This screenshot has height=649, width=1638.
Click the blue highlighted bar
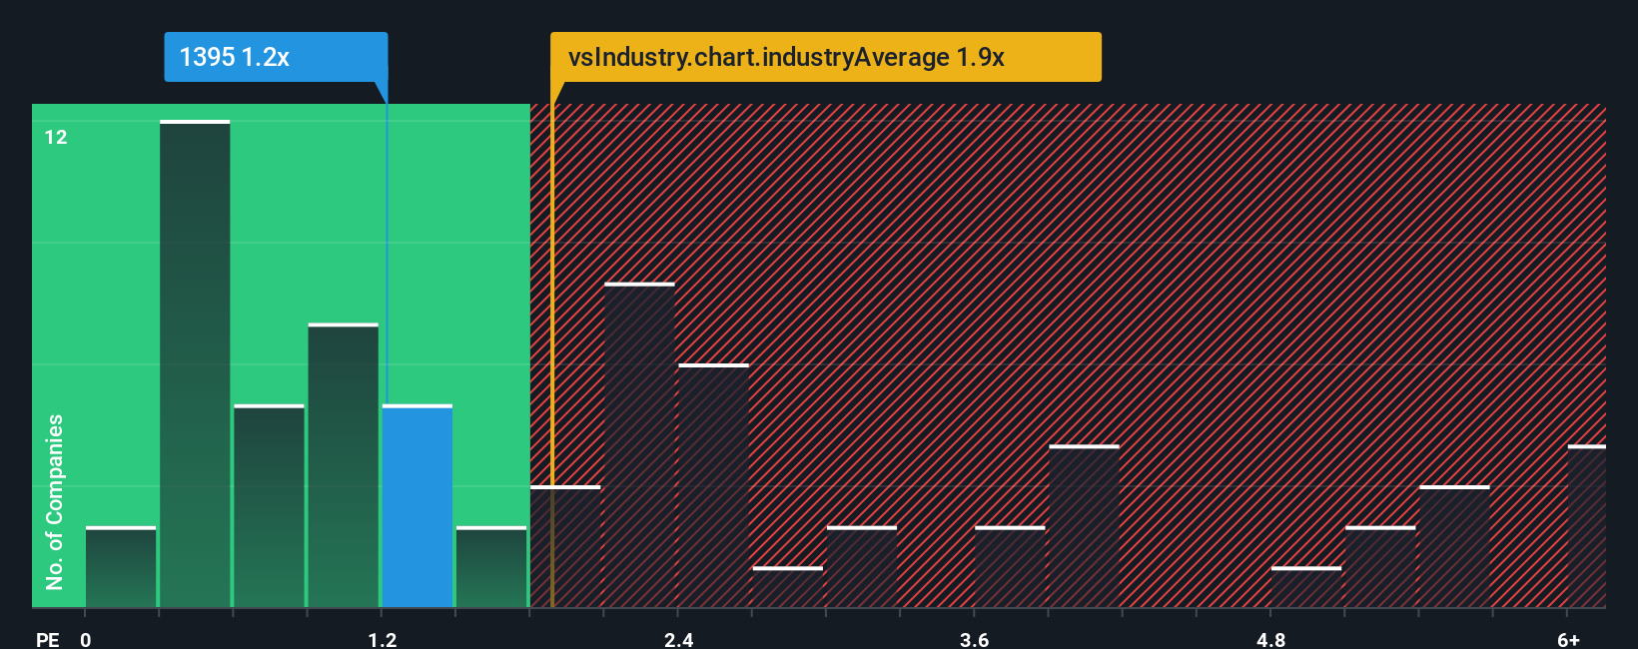coord(417,506)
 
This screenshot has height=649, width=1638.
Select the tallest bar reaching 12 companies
coord(195,363)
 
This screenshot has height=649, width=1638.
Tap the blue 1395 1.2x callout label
coord(276,57)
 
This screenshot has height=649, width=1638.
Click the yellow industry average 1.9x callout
coord(825,57)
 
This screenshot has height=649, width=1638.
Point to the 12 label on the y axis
coord(56,137)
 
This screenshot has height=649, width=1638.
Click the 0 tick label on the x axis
coord(86,639)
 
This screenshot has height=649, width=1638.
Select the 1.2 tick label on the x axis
coord(383,639)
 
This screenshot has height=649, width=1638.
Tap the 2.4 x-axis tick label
coord(679,639)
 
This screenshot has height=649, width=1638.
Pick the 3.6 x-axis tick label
coord(975,639)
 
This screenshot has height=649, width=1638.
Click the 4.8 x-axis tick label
coord(1271,639)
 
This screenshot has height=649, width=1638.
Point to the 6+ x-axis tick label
coord(1568,639)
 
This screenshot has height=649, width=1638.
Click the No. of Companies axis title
coord(55,501)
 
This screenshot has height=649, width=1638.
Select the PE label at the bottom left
coord(48,639)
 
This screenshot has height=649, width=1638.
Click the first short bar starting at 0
coord(121,567)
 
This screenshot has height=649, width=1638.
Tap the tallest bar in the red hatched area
coord(639,445)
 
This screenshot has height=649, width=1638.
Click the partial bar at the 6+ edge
coord(1586,526)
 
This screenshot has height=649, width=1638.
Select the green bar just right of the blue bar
coord(491,567)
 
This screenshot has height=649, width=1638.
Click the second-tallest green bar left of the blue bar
coord(344,465)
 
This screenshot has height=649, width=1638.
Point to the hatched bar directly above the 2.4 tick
coord(713,485)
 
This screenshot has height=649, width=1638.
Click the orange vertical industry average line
coord(551,359)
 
